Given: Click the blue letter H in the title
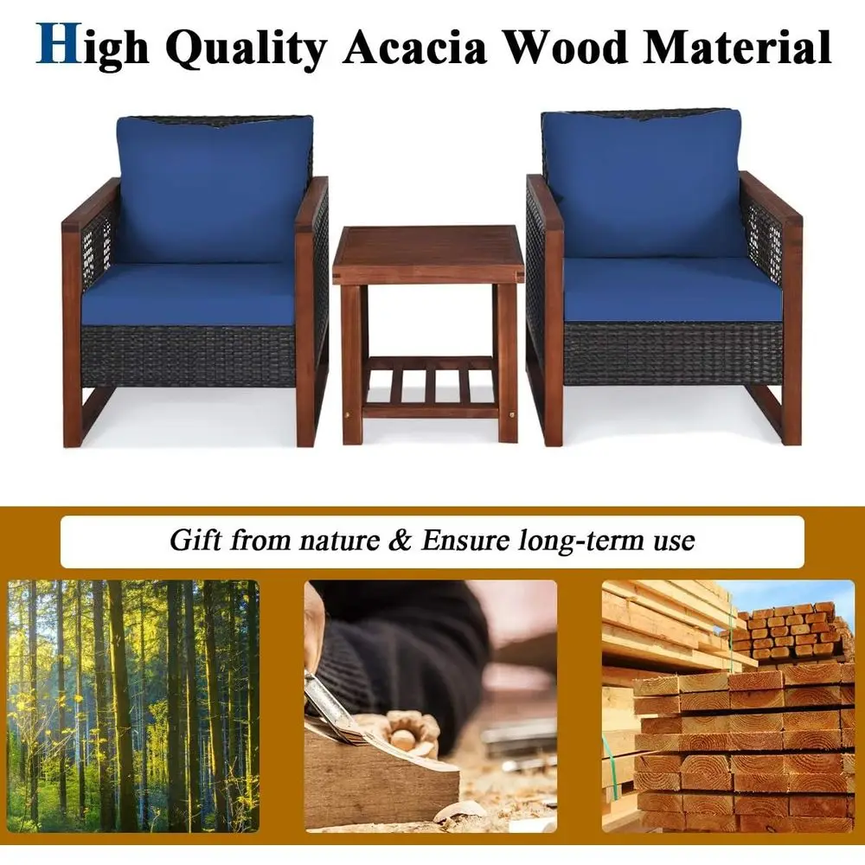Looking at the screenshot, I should coord(57,45).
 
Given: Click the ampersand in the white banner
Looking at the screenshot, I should coord(399,541).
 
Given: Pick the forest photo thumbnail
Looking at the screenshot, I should coord(133,704).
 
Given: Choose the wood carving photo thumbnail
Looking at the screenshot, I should coord(430,704).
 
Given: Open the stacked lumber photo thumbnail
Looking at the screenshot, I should coord(727,704).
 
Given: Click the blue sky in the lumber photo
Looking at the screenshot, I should coord(778,593).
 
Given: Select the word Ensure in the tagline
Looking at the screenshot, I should coord(460,541).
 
